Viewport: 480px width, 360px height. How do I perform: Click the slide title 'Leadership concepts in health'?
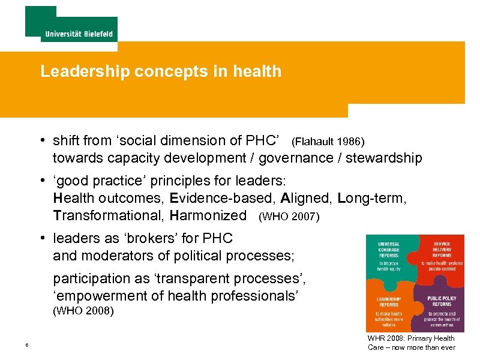(161, 71)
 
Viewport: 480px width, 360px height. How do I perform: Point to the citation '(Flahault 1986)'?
(328, 142)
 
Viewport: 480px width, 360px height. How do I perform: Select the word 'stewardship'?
(385, 158)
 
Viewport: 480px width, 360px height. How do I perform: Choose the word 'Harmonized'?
(208, 215)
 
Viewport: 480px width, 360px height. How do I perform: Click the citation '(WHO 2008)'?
(83, 311)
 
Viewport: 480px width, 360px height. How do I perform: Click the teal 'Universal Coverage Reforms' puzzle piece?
(390, 258)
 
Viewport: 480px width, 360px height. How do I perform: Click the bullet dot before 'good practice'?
(44, 180)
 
